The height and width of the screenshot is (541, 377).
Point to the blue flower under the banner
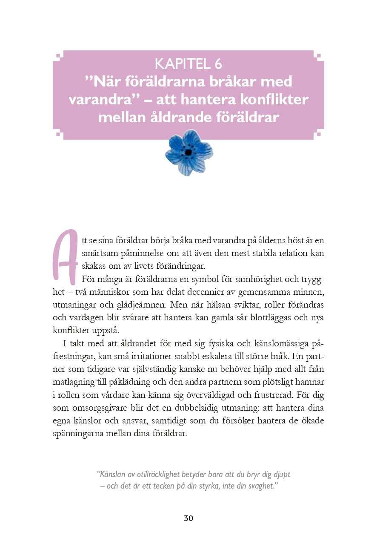click(x=188, y=153)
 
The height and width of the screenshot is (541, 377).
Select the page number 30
click(x=188, y=518)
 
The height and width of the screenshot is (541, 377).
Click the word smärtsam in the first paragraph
click(x=98, y=253)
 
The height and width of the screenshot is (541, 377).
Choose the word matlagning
click(x=75, y=382)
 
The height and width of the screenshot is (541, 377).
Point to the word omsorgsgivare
click(x=86, y=408)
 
